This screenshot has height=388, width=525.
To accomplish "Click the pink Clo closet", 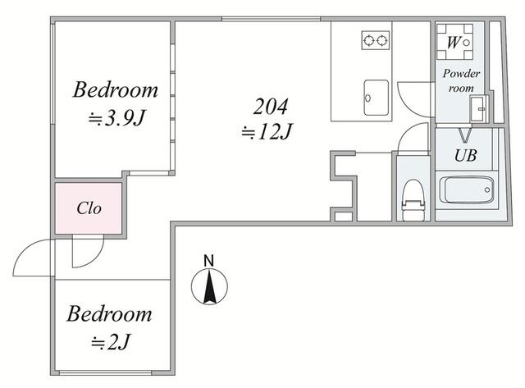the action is [x=89, y=208].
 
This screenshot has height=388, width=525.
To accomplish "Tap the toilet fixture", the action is [x=413, y=200].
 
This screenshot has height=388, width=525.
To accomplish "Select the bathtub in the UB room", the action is [x=467, y=190].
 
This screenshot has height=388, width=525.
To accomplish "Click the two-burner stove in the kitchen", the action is [x=376, y=40].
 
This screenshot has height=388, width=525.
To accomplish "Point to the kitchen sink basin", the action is [x=377, y=98].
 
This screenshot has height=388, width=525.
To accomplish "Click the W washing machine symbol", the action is [x=454, y=42].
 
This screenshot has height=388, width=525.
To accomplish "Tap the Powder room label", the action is [x=461, y=80].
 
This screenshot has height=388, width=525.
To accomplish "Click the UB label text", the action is [x=465, y=155].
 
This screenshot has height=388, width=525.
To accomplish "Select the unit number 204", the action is [x=270, y=107].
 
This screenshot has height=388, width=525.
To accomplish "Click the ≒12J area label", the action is [x=267, y=131].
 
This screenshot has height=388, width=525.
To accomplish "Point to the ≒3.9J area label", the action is [x=116, y=118].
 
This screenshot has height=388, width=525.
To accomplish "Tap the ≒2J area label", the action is [x=111, y=342].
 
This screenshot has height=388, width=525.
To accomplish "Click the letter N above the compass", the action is [x=209, y=261].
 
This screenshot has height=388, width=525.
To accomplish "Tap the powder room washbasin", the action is [x=477, y=108].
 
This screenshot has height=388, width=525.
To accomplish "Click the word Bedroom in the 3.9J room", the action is [x=115, y=89].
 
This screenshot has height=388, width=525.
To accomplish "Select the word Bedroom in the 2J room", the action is [x=109, y=313].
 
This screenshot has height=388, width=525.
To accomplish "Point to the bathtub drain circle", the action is [x=487, y=189].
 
